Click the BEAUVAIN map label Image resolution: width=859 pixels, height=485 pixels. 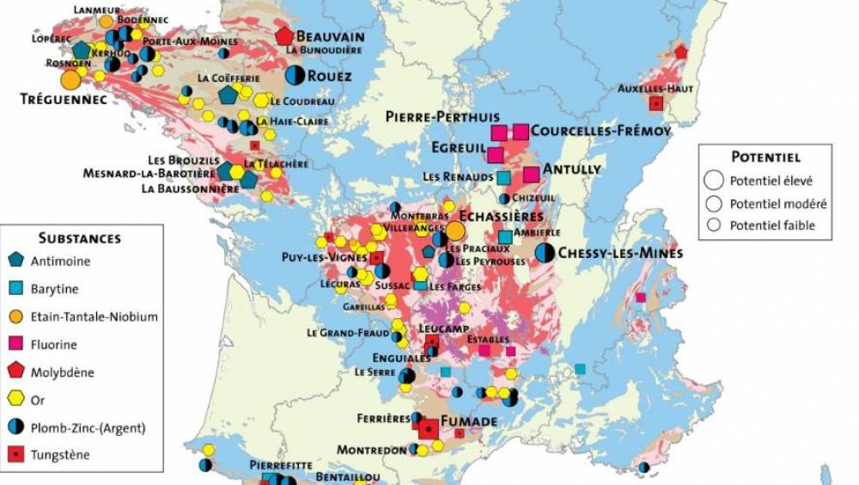330,37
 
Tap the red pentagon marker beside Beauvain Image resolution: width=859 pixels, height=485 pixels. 284,36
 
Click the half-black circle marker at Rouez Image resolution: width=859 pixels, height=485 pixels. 295,76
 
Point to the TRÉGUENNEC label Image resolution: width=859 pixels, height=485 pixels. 57,100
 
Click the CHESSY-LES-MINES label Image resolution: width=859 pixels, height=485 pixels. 620,253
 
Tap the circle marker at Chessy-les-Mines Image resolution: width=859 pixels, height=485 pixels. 545,252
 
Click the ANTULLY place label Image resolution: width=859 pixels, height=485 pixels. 572,169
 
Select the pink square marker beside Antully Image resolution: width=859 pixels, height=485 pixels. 531,174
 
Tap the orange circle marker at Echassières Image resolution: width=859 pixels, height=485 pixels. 455,230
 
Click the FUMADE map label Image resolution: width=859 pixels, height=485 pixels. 468,421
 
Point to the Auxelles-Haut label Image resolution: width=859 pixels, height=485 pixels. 652,88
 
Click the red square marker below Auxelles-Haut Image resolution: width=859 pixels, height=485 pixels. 656,104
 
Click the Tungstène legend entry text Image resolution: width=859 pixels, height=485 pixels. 60,456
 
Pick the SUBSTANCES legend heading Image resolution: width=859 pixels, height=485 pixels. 80,238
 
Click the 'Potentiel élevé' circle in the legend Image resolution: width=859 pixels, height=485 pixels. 712,181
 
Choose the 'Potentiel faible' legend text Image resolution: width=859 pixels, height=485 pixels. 772,226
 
